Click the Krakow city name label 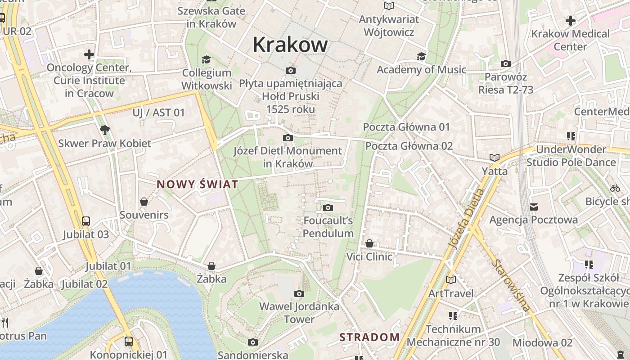[290, 45]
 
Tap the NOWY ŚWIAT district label [197, 184]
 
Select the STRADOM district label [369, 337]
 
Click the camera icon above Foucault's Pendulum [328, 207]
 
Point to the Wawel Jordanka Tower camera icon [299, 294]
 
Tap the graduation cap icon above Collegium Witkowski [206, 59]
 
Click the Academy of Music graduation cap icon [421, 56]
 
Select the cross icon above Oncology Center [89, 55]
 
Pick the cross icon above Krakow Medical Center [570, 21]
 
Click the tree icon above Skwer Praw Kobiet [105, 130]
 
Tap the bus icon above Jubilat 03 [85, 221]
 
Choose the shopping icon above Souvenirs [144, 202]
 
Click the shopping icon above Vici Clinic [369, 243]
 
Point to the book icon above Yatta [495, 158]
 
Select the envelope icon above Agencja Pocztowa [534, 207]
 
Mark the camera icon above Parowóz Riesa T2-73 [506, 64]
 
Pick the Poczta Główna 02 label [409, 146]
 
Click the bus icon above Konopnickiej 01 [128, 341]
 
